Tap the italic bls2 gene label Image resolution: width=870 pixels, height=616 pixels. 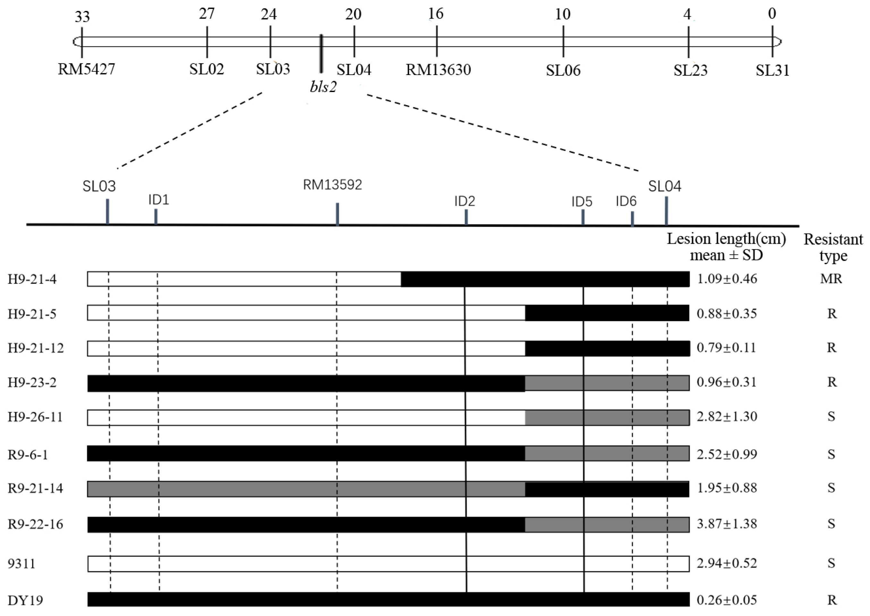coord(323,87)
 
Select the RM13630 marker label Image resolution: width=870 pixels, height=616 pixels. coord(438,70)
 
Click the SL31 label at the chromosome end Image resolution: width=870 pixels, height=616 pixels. coord(772,70)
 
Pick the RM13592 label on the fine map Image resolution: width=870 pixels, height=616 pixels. coord(332,185)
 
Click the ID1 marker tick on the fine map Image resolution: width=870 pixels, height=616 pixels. coord(156,216)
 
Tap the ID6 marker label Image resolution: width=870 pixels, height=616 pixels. coord(626,201)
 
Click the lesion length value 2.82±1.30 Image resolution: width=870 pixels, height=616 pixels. coord(727,417)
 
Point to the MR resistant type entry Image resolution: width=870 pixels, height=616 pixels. coord(831,279)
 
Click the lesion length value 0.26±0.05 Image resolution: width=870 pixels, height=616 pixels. coord(727,600)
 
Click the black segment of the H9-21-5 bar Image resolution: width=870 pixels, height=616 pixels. coord(607,313)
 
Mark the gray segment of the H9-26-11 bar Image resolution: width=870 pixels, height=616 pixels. coord(607,418)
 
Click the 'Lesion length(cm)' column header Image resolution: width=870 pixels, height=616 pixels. coord(726,239)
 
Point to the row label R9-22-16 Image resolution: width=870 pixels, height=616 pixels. coord(35,524)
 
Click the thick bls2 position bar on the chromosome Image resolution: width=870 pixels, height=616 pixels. coord(321,54)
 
